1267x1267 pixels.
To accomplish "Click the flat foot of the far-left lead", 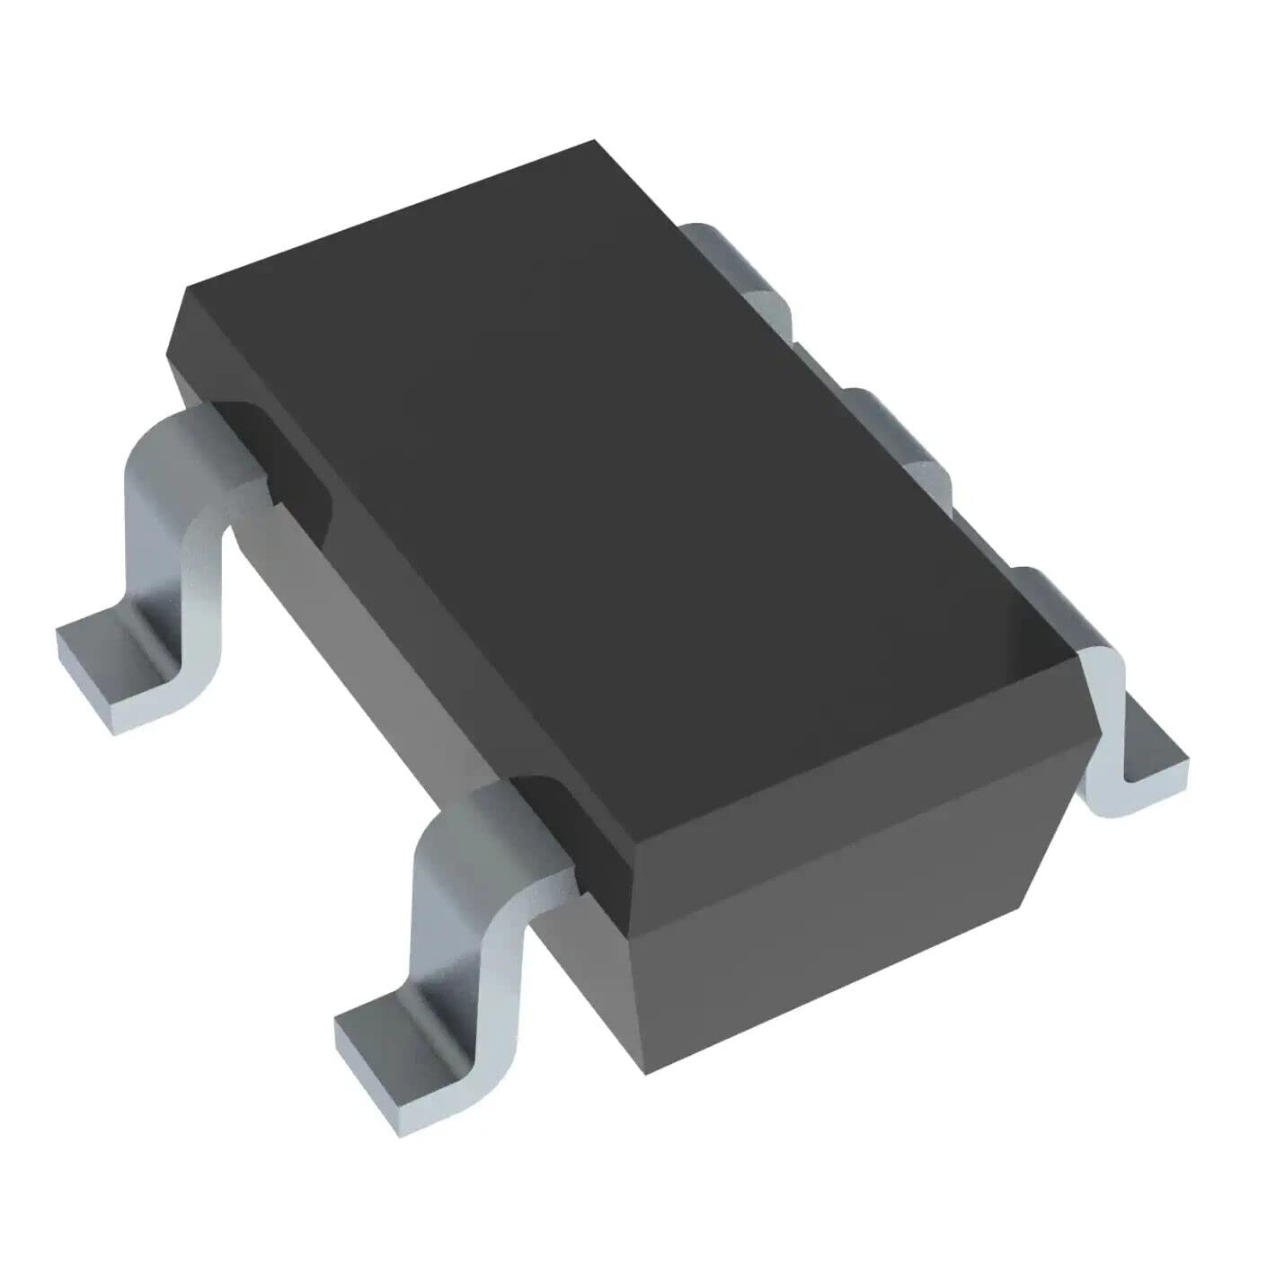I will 117,669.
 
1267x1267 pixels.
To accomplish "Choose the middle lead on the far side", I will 899,431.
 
